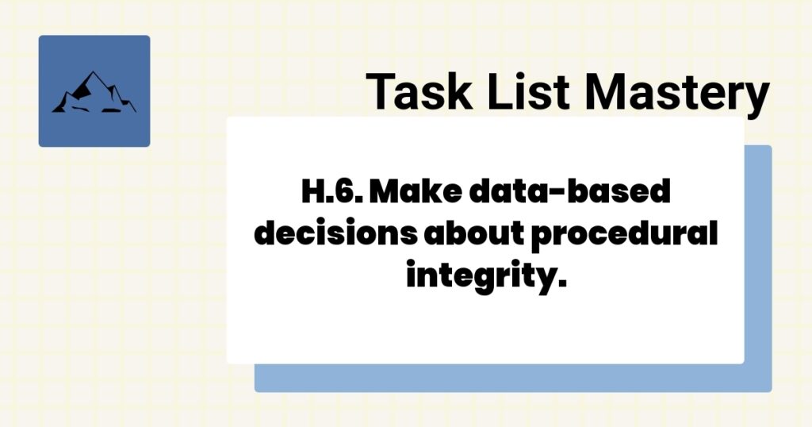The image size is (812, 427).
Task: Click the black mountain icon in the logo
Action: pos(94,92)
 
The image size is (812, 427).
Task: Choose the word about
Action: pos(473,236)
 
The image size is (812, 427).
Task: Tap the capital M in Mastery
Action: pos(600,90)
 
